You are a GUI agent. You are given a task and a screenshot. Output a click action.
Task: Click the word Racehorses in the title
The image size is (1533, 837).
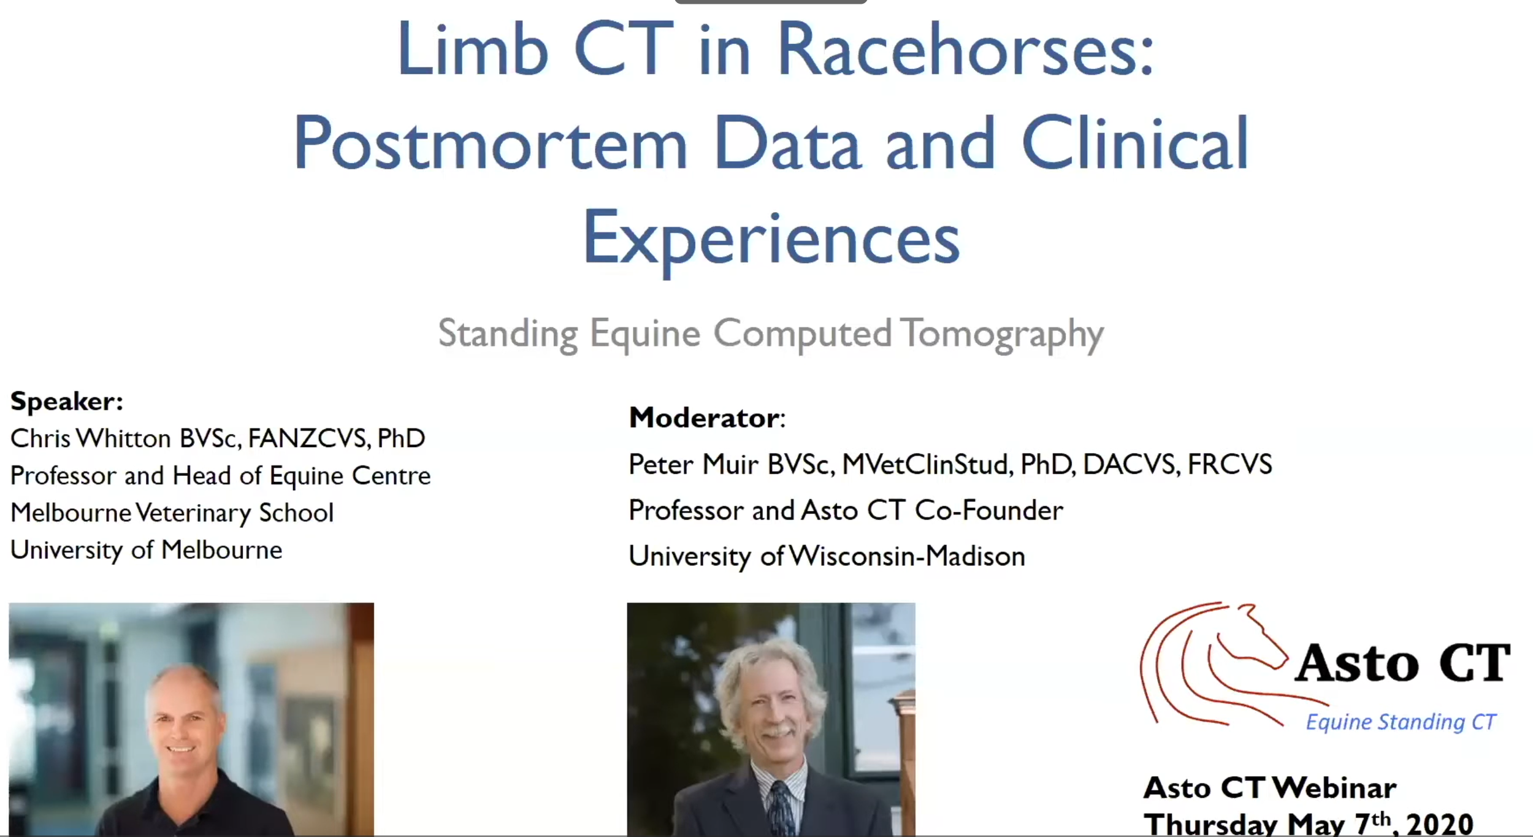tap(966, 50)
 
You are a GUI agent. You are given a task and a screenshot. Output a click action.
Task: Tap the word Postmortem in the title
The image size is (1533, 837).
tap(490, 145)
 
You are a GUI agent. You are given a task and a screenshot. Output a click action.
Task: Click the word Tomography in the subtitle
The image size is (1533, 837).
tap(1002, 335)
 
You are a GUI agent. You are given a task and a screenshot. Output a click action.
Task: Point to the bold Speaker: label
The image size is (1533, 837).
tap(67, 402)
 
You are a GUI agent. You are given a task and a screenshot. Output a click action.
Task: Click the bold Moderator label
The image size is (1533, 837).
tap(705, 418)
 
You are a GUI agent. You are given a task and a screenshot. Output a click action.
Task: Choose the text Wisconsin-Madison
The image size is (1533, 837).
tap(907, 557)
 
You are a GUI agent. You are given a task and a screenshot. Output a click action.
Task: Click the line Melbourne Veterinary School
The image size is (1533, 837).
tap(172, 513)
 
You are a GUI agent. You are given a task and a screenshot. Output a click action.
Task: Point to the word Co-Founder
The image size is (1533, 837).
tap(988, 511)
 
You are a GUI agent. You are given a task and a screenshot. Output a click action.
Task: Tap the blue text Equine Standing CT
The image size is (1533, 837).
tap(1401, 722)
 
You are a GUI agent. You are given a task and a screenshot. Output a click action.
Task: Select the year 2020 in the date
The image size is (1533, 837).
tap(1439, 824)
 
